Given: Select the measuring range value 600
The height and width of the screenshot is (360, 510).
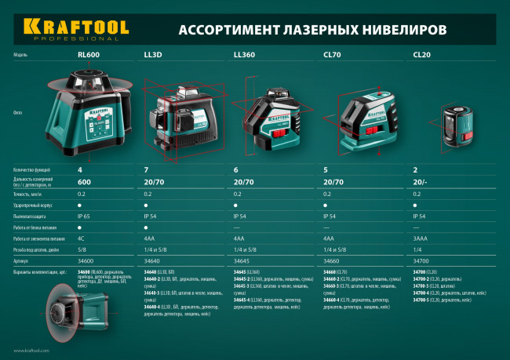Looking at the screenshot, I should (85, 180).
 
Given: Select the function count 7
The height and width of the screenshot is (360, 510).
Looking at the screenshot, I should (147, 169).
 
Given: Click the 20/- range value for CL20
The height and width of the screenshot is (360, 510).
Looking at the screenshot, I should (419, 180).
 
